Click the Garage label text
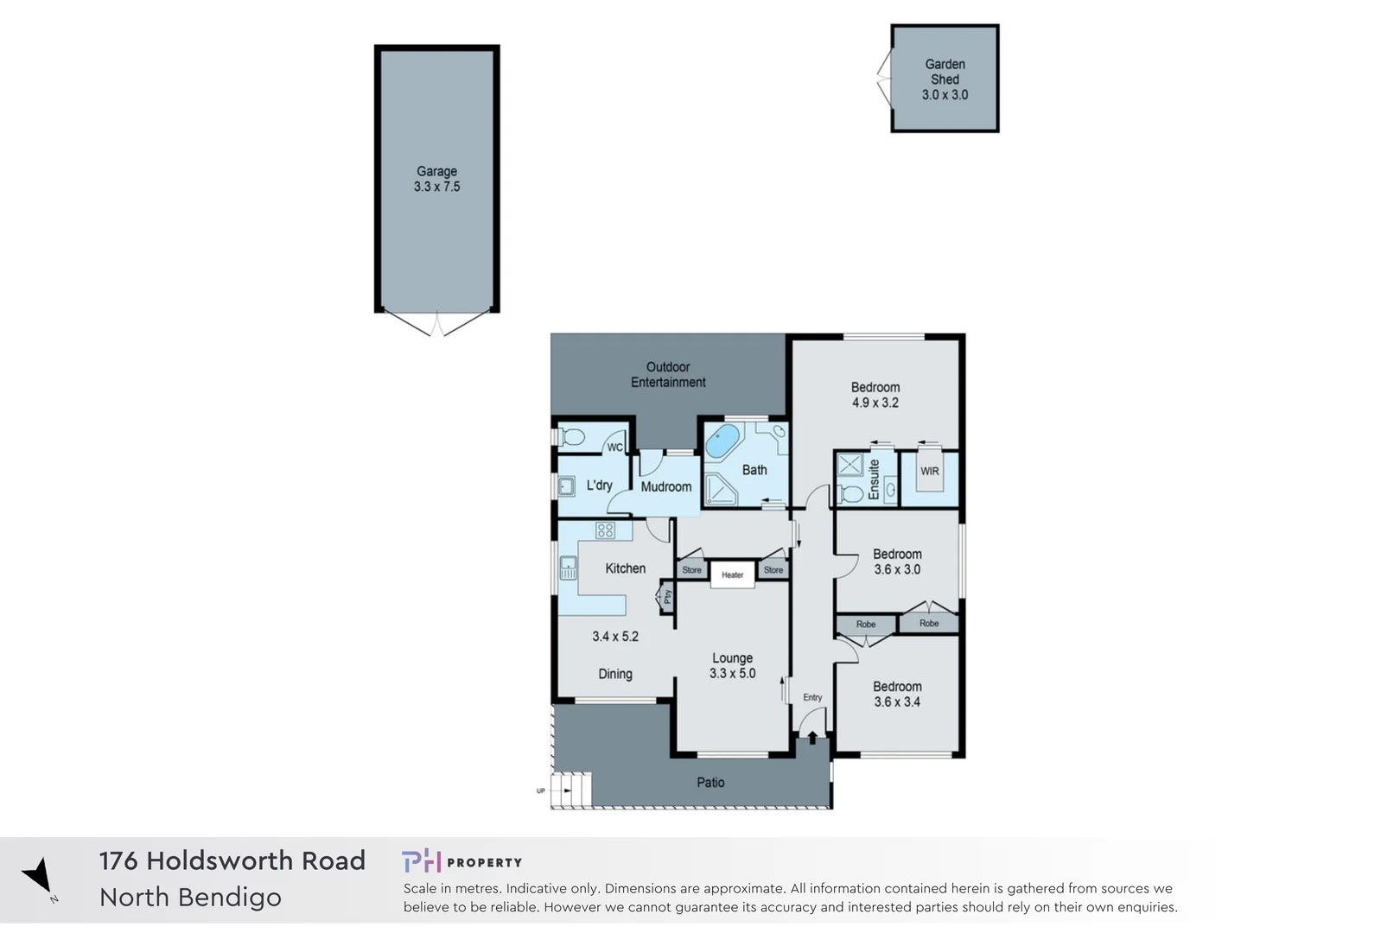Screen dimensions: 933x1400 436,171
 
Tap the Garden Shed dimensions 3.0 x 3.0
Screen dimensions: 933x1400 945,95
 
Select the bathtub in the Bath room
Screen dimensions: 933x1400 722,441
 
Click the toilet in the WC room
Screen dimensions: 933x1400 572,438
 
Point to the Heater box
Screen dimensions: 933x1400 732,574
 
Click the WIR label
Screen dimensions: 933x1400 929,471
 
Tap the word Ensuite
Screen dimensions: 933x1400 874,479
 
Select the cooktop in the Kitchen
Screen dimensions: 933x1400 605,530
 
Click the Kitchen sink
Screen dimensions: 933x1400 568,568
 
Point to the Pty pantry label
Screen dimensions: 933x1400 667,596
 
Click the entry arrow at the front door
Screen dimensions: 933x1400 812,736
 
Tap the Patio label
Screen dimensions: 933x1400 710,783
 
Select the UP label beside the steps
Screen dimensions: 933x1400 541,790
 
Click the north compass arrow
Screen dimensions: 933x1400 38,875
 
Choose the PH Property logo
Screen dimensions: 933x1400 461,861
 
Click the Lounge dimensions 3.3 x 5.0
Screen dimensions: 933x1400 732,674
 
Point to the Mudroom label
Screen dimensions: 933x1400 665,486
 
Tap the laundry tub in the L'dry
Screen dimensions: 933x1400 566,486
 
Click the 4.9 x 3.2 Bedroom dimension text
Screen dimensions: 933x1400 875,403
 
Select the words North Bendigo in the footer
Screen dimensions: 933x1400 190,898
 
